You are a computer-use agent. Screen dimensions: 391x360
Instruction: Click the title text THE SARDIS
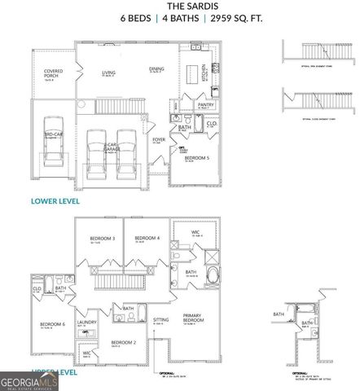pos(179,6)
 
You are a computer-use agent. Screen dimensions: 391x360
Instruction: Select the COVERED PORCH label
pos(53,74)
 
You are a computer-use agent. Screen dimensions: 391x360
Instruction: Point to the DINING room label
pos(156,69)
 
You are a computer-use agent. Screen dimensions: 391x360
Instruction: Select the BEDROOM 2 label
pos(122,342)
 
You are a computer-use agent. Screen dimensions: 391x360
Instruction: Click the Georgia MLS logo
pos(29,380)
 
